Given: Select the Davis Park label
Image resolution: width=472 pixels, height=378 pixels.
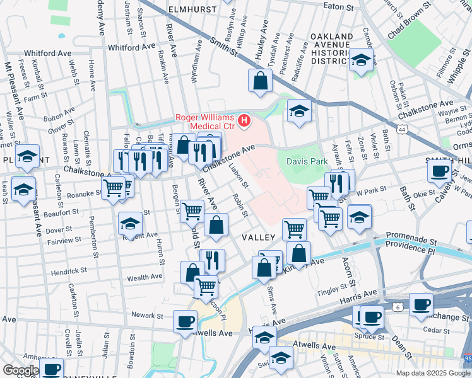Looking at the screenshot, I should (x=307, y=162).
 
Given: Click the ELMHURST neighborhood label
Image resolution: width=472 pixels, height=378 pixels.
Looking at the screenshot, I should (x=192, y=10).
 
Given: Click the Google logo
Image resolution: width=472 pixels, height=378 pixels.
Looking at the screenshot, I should (x=21, y=370).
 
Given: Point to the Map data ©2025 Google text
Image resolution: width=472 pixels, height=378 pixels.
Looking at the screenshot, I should (x=432, y=373).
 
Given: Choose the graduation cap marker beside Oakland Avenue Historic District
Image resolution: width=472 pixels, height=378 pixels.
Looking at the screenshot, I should (x=361, y=60).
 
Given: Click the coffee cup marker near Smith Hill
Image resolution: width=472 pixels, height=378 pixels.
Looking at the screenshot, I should (x=439, y=170).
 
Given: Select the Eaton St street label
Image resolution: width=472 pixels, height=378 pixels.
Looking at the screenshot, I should (x=338, y=7).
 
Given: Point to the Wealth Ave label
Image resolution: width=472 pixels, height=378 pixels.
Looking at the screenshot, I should (x=145, y=277).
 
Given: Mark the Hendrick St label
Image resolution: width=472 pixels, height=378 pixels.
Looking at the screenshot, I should (x=69, y=271).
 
